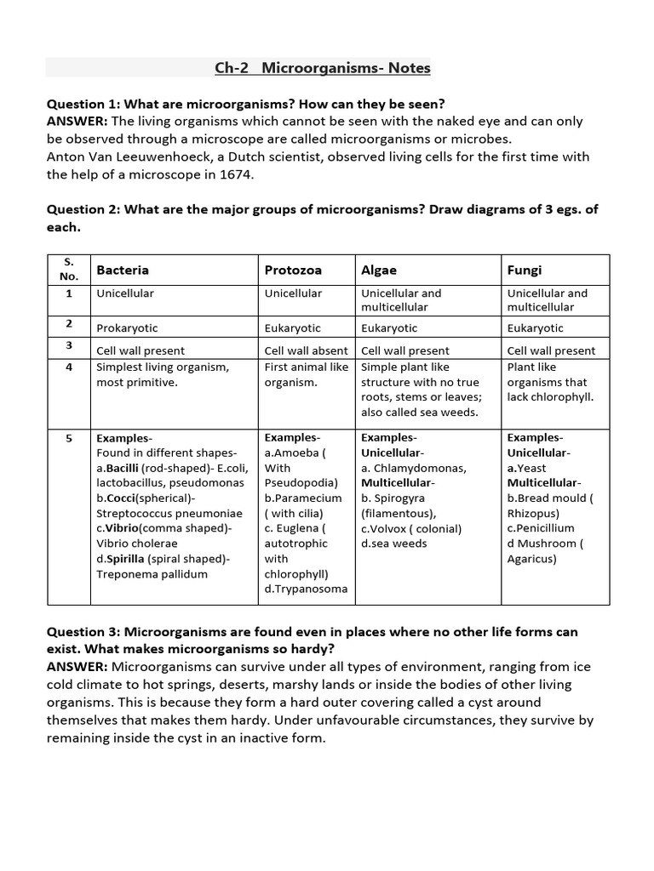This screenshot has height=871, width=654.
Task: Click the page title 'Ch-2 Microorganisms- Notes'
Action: [x=323, y=68]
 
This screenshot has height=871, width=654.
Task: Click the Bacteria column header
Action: [x=123, y=270]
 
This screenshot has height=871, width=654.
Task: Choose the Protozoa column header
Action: [x=293, y=270]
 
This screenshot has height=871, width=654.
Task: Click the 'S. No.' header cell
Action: [x=69, y=270]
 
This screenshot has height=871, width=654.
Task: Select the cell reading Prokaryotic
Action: [x=127, y=327]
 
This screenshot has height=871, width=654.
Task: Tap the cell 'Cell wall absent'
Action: [x=306, y=350]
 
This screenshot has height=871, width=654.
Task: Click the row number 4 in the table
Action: [x=69, y=367]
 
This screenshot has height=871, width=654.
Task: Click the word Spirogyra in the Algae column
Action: [x=399, y=498]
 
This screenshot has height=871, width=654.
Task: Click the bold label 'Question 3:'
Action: [x=83, y=632]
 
